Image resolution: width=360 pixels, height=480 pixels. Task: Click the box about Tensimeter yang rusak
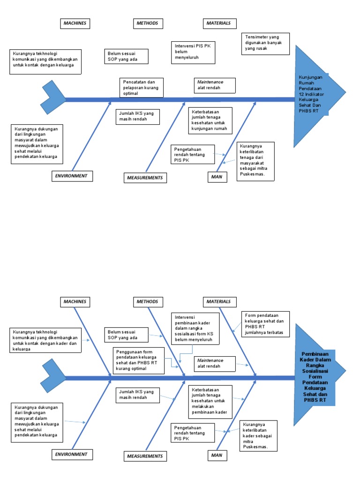pos(266,43)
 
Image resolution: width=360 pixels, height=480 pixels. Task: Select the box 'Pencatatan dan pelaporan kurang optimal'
pos(140,88)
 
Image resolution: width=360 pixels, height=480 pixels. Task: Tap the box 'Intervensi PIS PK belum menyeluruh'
pos(193,52)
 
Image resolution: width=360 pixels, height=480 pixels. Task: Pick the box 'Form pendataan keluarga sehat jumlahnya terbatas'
pos(266,324)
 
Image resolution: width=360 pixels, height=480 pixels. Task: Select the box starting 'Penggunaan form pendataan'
pos(138,360)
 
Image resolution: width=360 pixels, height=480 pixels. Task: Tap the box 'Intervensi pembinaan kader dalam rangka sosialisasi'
pos(195,328)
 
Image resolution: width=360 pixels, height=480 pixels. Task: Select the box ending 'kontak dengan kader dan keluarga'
pos(45,340)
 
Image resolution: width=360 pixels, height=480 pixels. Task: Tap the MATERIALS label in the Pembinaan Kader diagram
pos(219,301)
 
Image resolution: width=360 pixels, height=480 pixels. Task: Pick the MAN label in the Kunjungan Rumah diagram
pos(217,177)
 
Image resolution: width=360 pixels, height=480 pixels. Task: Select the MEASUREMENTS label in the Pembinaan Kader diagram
pos(145,456)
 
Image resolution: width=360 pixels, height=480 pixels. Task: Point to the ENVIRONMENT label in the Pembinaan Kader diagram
pos(72,454)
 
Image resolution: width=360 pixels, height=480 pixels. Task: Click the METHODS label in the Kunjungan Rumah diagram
pos(147,23)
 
